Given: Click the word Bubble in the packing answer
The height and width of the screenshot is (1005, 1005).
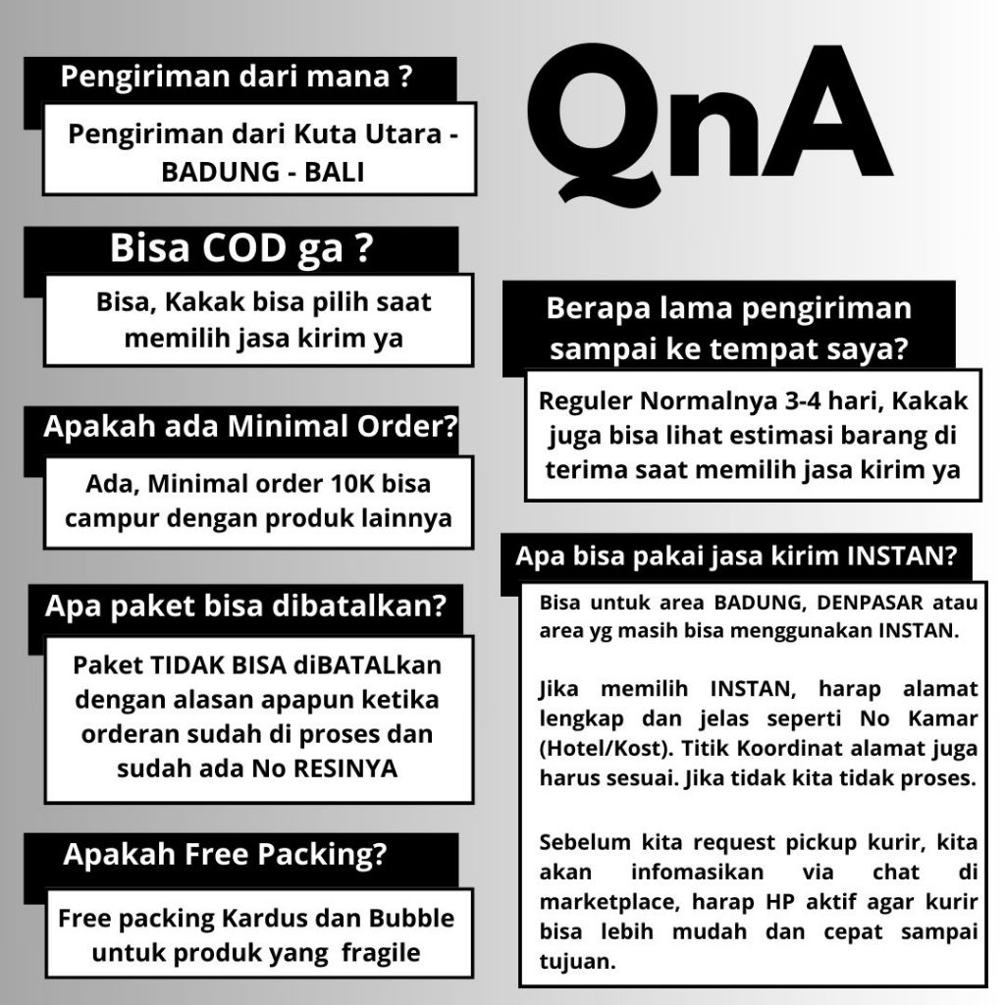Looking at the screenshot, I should tap(412, 919).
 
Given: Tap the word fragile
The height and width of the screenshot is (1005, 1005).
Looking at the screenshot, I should tap(381, 953).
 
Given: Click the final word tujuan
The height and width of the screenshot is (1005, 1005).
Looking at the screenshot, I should tap(577, 961).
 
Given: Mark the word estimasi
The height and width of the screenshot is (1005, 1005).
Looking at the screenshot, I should tap(801, 436).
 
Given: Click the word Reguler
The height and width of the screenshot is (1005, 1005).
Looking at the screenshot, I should tap(586, 401).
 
